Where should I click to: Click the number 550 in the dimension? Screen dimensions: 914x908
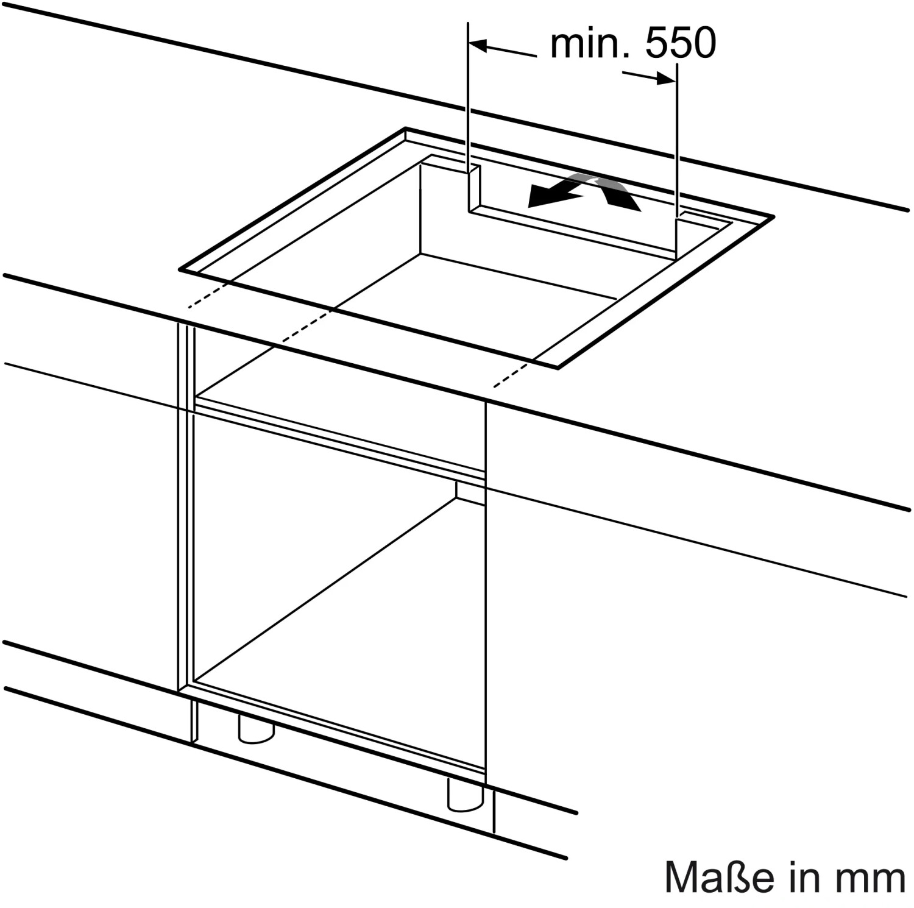click(681, 44)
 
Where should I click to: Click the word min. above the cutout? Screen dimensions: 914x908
click(588, 44)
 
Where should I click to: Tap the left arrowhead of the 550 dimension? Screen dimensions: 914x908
click(479, 46)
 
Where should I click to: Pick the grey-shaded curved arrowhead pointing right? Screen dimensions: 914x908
click(618, 194)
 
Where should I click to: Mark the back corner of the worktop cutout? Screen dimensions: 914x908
click(406, 129)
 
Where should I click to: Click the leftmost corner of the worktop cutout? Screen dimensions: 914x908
click(180, 268)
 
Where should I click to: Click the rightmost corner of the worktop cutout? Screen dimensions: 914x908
click(773, 216)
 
